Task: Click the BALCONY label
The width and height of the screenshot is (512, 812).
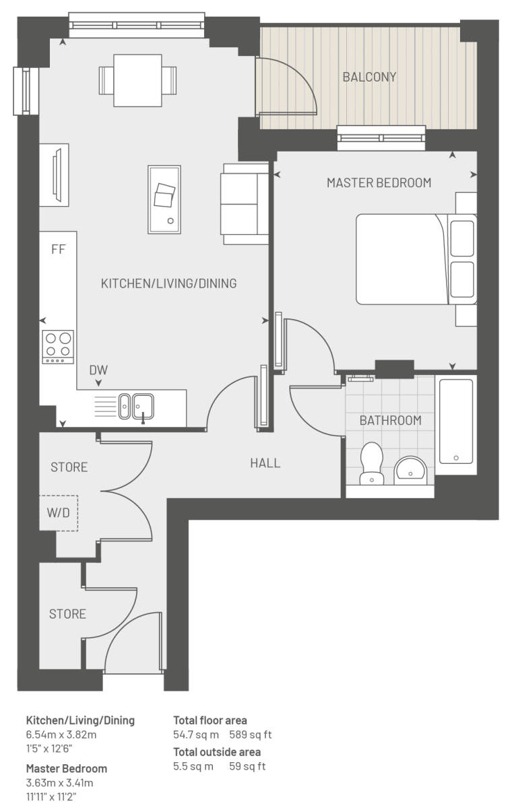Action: coord(369,77)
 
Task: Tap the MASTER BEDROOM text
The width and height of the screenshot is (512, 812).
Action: coord(379,182)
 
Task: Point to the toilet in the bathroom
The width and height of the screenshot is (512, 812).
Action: coord(371,463)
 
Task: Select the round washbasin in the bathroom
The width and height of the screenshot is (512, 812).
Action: coord(410,470)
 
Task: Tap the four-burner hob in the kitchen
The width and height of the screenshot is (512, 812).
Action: coord(58,347)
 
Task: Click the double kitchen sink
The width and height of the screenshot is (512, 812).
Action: coord(136,407)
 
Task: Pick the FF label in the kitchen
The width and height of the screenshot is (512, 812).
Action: coord(59,249)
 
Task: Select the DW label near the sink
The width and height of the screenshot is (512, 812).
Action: coord(98,370)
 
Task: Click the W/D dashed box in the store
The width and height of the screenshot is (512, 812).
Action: coord(59,513)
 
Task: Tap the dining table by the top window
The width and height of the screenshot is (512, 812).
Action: coord(138,81)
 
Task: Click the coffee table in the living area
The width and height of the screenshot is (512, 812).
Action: coord(164,200)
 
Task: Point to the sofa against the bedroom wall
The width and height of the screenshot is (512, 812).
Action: coord(245,204)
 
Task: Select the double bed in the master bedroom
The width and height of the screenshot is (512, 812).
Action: coord(416,259)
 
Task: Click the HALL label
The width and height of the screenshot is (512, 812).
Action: coord(265,463)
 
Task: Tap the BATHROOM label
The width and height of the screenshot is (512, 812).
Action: coord(390,421)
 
